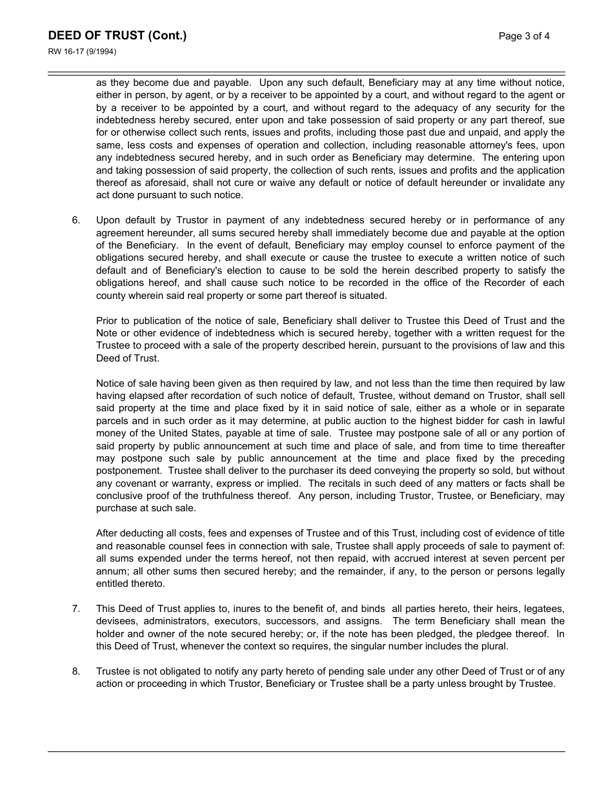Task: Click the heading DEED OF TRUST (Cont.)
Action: click(117, 36)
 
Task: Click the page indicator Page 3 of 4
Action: click(524, 36)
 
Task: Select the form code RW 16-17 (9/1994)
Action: click(82, 52)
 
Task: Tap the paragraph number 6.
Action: click(76, 220)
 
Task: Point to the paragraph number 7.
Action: click(76, 609)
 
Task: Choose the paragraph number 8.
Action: click(76, 671)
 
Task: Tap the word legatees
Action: click(544, 609)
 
